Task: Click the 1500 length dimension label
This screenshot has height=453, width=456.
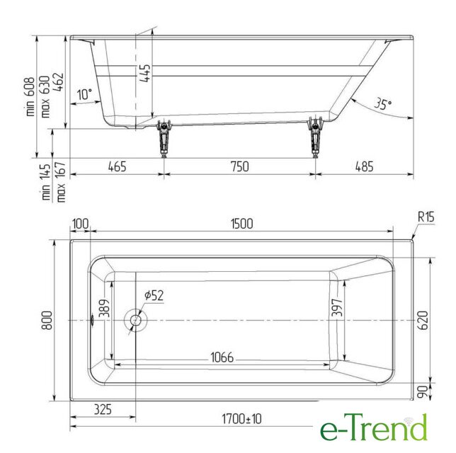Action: [x=241, y=224]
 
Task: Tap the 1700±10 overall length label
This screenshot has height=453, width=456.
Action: [x=241, y=419]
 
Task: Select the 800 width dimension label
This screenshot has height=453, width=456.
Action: [x=47, y=320]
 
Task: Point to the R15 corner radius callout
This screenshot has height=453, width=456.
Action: [x=426, y=217]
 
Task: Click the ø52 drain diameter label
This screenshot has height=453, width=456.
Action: [x=154, y=295]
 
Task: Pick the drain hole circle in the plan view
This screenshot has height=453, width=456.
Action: [x=136, y=320]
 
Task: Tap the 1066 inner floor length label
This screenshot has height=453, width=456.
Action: [x=222, y=357]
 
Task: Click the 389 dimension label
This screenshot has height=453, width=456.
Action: [x=104, y=308]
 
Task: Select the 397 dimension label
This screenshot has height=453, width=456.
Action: [x=337, y=307]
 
